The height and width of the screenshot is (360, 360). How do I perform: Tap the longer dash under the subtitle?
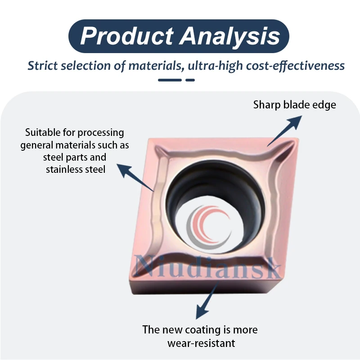pyautogui.click(x=170, y=80)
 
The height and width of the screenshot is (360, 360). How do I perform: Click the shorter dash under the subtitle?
pyautogui.click(x=190, y=80)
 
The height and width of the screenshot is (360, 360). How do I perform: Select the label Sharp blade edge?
pyautogui.click(x=294, y=105)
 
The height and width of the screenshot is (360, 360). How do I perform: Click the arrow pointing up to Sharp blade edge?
pyautogui.click(x=283, y=130)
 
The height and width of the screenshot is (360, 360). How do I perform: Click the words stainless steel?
pyautogui.click(x=75, y=169)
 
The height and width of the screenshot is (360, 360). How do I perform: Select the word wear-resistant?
pyautogui.click(x=201, y=343)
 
